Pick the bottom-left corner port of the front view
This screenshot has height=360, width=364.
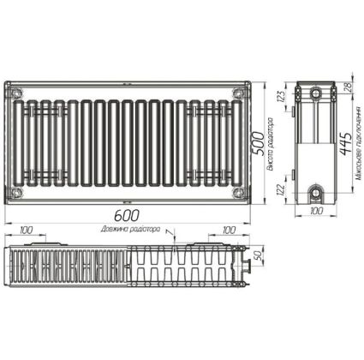point(18,192)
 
